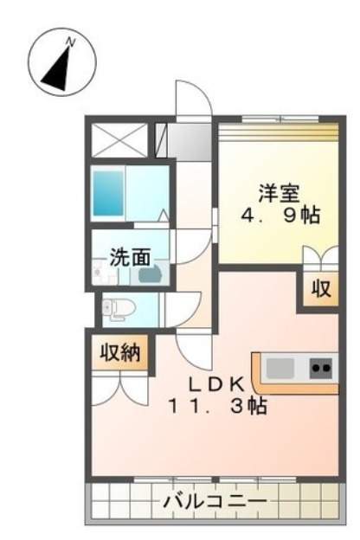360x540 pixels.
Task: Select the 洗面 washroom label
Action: (x=130, y=256)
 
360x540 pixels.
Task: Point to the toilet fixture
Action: (x=116, y=306)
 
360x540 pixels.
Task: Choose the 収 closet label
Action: (x=320, y=289)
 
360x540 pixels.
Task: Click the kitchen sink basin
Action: (x=281, y=368)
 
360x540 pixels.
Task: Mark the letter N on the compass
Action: (x=73, y=41)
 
